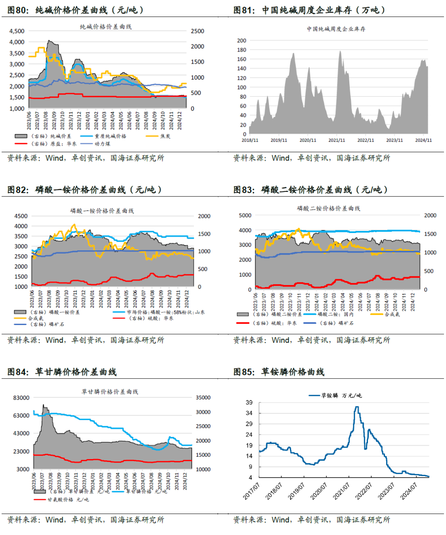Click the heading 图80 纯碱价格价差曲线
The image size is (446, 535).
[76, 10]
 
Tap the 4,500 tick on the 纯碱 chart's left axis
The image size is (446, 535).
[17, 31]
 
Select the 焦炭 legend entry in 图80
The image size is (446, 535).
[165, 136]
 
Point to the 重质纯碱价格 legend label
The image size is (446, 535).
[110, 136]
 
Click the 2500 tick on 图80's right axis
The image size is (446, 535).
[197, 31]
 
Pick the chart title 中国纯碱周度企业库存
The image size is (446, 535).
[336, 29]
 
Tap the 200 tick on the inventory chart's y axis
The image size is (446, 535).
[242, 40]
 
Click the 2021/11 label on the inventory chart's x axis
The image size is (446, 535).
[337, 140]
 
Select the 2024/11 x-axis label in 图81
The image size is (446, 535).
[423, 140]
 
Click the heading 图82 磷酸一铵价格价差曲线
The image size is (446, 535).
[85, 190]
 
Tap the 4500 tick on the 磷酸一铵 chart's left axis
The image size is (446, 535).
[21, 216]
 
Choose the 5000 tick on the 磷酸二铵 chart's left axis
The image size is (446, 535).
[245, 215]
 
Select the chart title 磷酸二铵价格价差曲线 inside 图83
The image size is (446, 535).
[328, 208]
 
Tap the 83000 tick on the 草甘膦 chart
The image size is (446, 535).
[21, 398]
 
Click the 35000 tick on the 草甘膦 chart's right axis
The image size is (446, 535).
[203, 398]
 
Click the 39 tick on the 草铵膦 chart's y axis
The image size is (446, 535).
[249, 403]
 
